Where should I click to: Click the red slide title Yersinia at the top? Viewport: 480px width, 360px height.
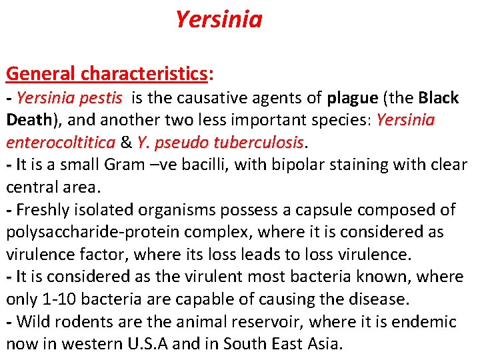[219, 20]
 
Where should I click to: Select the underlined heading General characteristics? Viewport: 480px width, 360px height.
[107, 73]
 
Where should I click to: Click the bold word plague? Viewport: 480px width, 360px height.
[353, 98]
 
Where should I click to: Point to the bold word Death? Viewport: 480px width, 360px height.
[29, 120]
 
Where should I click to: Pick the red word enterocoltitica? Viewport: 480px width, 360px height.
[60, 143]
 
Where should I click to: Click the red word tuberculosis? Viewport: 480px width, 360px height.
[261, 143]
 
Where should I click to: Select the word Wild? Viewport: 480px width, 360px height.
[32, 322]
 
